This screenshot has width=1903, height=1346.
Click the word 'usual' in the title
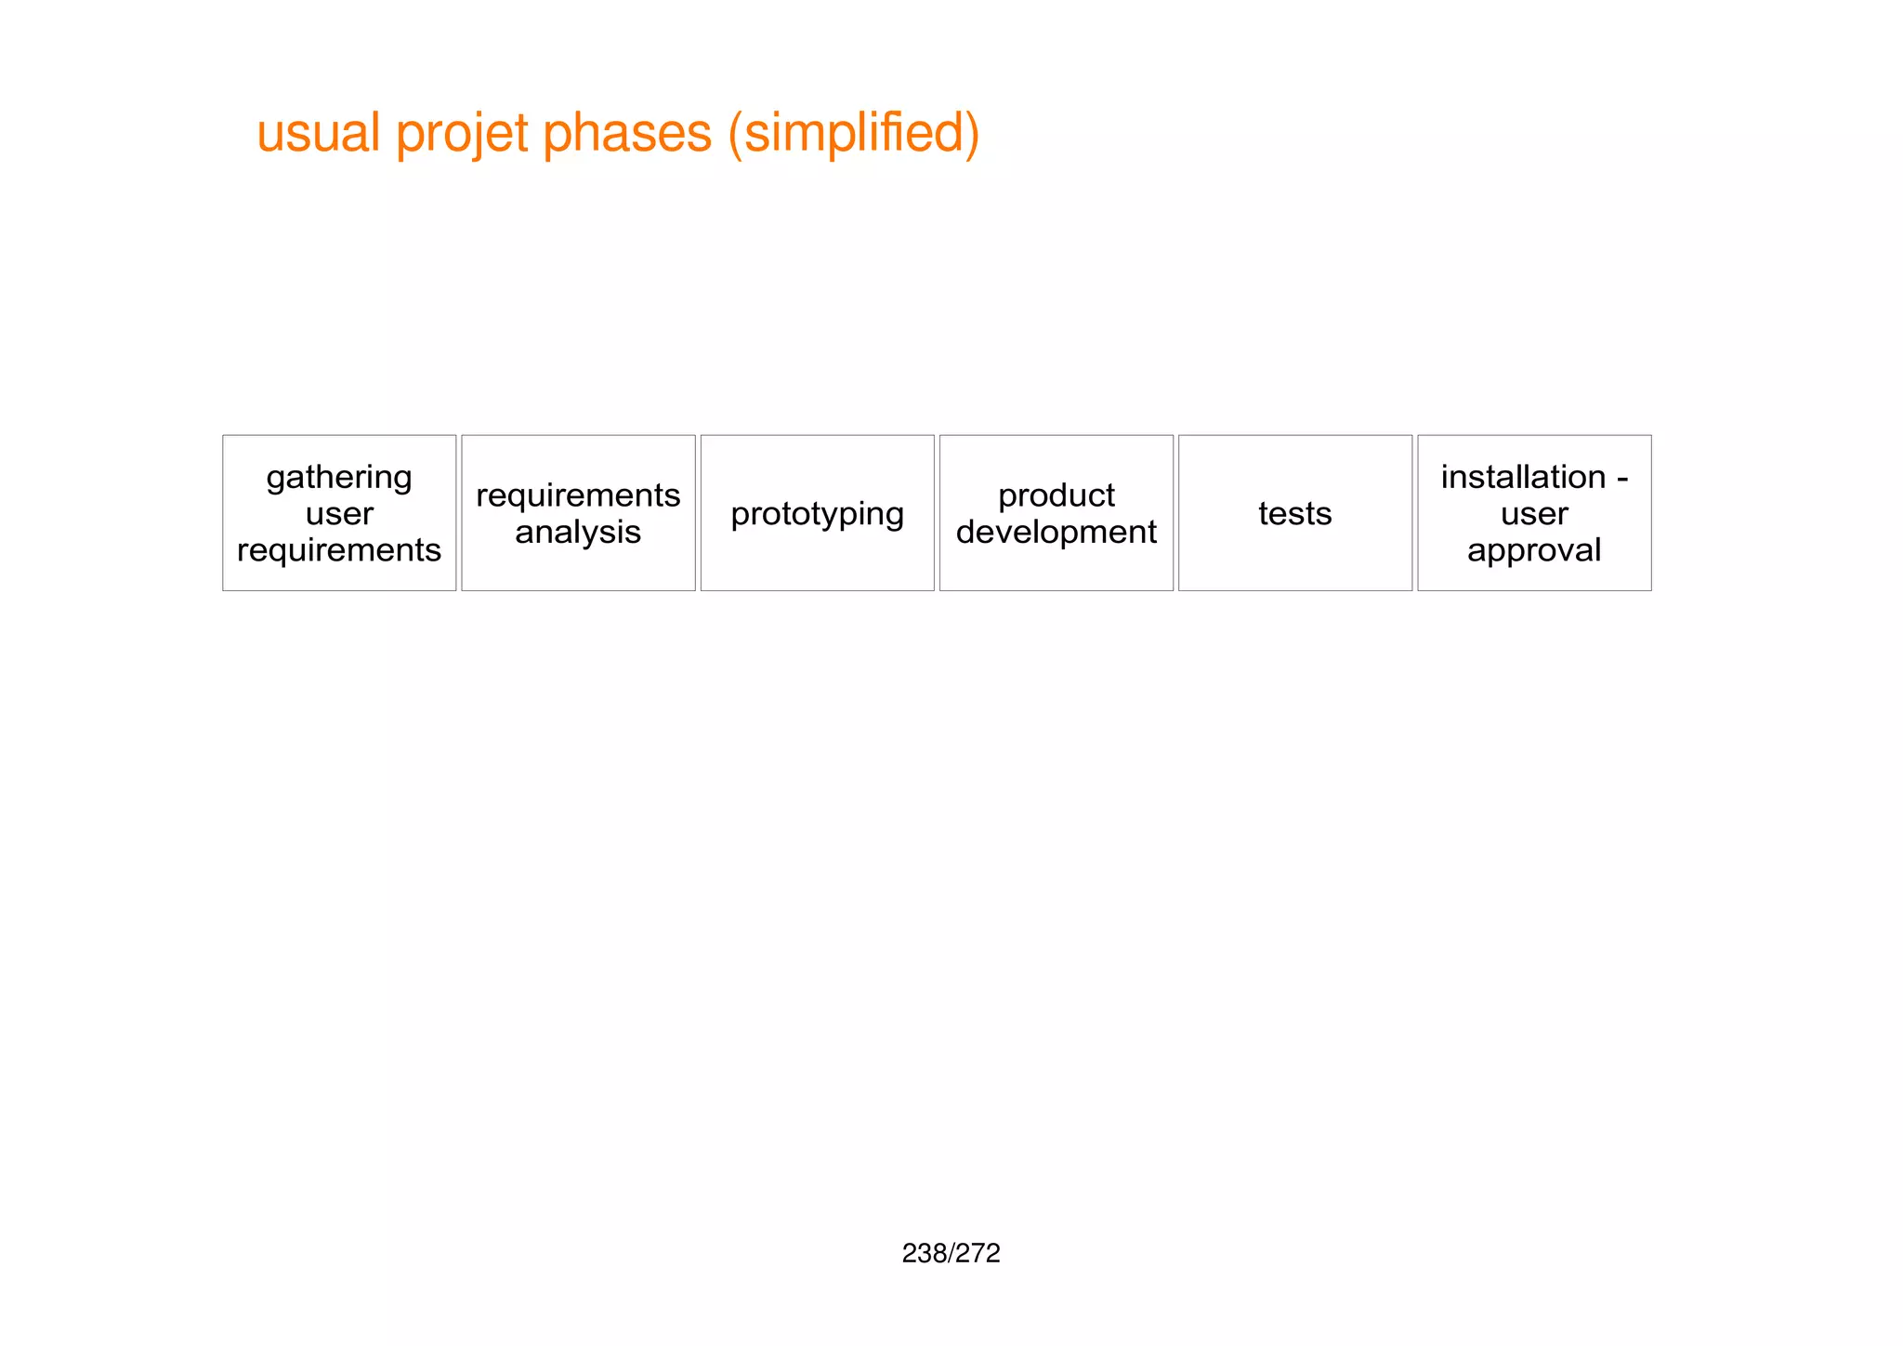pos(318,133)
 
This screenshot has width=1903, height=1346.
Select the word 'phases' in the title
pos(626,133)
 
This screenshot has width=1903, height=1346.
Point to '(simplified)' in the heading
pos(854,133)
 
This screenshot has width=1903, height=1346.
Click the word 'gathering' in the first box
pos(339,478)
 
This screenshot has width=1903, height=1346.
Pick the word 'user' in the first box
pos(339,513)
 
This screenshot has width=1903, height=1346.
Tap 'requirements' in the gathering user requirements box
pos(339,550)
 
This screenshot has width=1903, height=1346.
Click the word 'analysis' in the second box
pos(578,532)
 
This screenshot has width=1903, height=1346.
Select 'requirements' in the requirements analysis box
pos(578,495)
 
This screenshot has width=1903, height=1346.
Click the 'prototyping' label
pos(817,514)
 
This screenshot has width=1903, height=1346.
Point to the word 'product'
pos(1056,495)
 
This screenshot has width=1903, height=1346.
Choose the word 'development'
pos(1056,532)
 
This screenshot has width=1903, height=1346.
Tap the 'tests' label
pos(1294,513)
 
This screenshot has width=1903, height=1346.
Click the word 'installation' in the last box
pos(1523,477)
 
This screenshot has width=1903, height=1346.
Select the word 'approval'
pos(1534,550)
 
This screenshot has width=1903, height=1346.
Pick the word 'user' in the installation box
pos(1534,513)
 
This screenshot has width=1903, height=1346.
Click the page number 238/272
pos(951,1253)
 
